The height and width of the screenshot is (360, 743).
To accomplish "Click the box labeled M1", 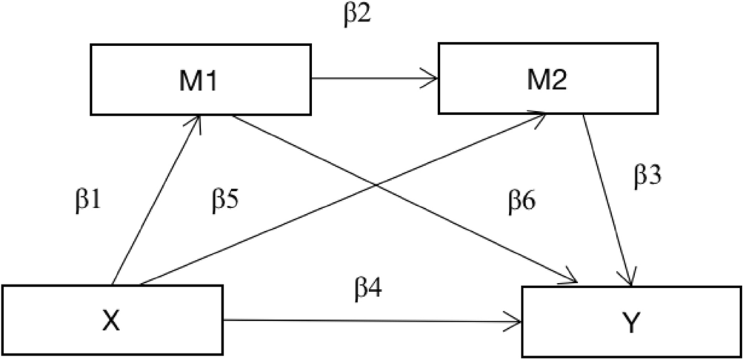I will pyautogui.click(x=200, y=79).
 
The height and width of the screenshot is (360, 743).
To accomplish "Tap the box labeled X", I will pyautogui.click(x=112, y=321).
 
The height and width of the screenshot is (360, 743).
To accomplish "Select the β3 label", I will pyautogui.click(x=649, y=176).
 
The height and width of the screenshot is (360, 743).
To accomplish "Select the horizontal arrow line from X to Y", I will pyautogui.click(x=370, y=321).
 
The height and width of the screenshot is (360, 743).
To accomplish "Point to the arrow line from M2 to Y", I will pyautogui.click(x=607, y=200).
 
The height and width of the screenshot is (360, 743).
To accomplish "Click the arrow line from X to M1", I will pyautogui.click(x=156, y=200).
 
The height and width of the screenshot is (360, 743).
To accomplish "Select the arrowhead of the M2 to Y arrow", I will pyautogui.click(x=630, y=280).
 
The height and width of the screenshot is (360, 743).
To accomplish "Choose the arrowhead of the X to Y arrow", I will pyautogui.click(x=516, y=321).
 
